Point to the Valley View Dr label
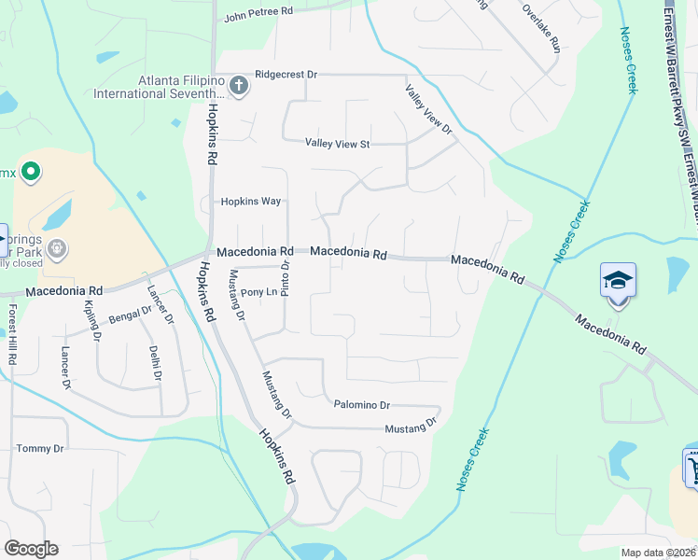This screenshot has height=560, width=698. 428,109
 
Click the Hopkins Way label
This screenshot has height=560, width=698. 250,202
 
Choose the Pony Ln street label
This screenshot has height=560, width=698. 259,292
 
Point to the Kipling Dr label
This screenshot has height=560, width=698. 91,319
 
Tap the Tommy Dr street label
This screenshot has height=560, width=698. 39,449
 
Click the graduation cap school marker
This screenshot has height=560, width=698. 618,279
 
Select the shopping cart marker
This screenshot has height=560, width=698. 691,466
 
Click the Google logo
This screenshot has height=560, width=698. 31,549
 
